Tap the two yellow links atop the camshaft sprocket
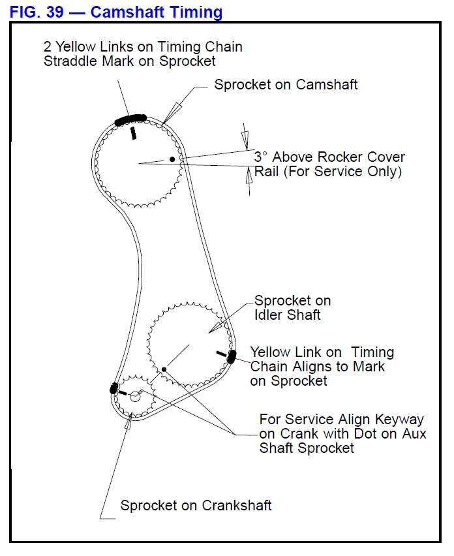(x=130, y=119)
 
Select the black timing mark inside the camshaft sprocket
(x=133, y=133)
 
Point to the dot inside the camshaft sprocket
(x=172, y=159)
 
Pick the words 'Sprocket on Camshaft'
(x=286, y=84)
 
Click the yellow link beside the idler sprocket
(x=232, y=356)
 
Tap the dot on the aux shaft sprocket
(x=164, y=370)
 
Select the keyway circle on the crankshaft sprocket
(x=135, y=395)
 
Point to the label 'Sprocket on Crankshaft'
(x=196, y=506)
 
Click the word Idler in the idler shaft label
(x=269, y=315)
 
